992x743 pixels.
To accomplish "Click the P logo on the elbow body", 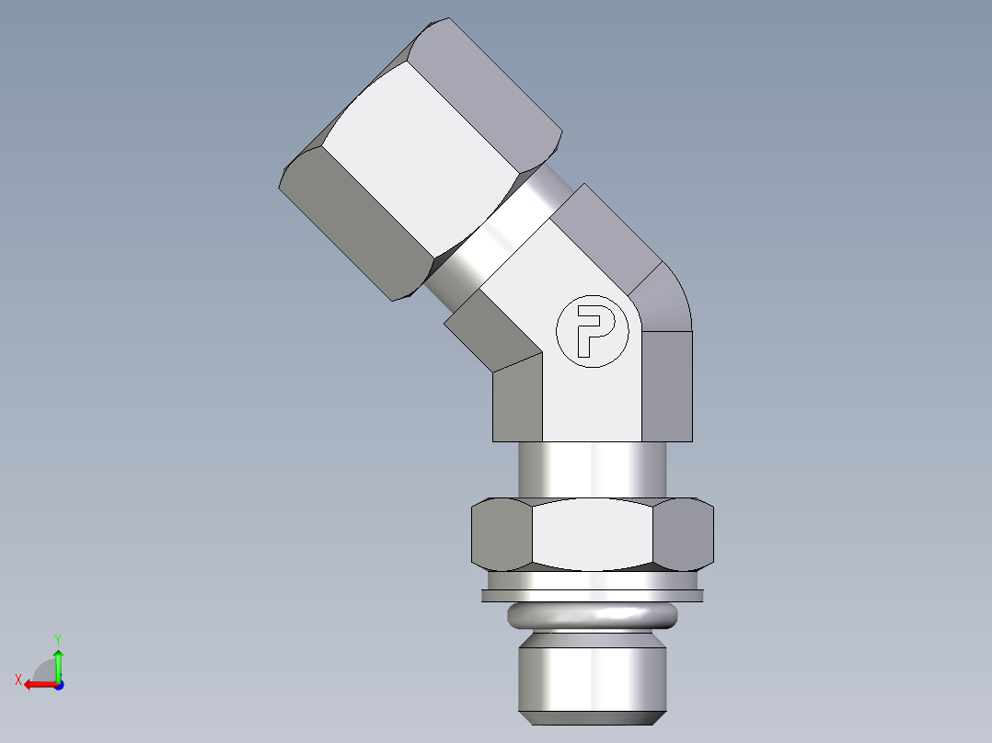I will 594,332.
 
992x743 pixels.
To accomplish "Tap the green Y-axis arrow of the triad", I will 58,661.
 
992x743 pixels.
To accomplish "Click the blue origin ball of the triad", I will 58,684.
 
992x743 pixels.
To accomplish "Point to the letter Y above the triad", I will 58,638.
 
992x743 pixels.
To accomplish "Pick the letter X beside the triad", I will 18,680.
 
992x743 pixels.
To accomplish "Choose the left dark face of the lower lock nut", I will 501,533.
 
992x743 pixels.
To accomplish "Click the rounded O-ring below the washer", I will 594,617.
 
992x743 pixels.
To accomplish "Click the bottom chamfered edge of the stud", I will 594,716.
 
